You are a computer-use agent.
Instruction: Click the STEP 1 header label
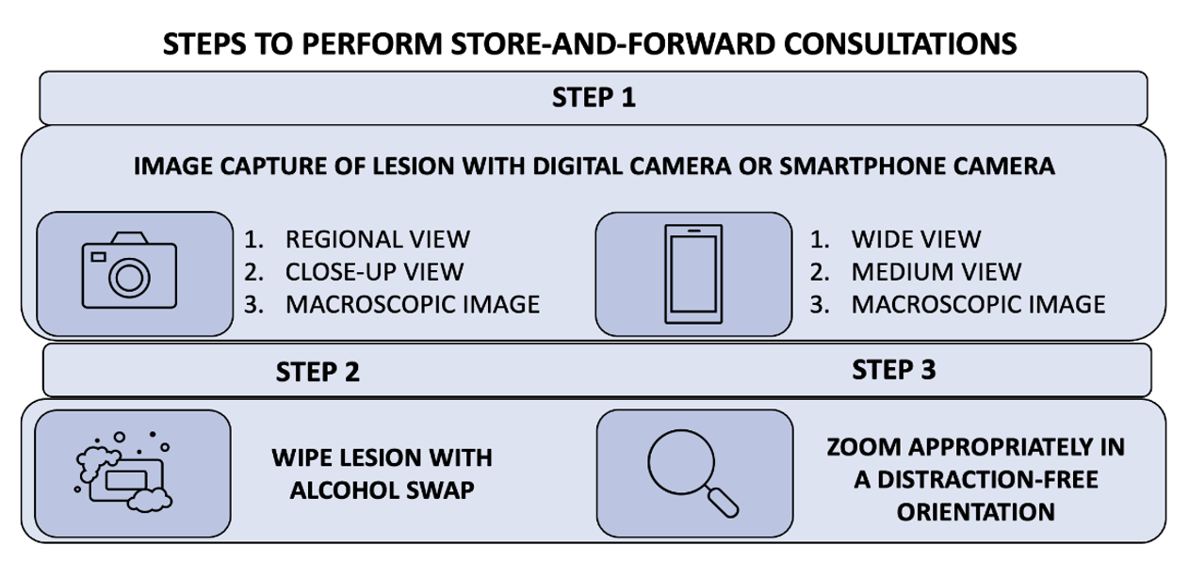[x=593, y=97]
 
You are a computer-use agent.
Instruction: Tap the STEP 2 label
[x=318, y=372]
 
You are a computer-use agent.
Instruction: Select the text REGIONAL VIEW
[x=377, y=239]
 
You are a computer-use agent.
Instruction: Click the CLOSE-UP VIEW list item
[x=374, y=272]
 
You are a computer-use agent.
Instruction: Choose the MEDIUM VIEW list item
[x=936, y=272]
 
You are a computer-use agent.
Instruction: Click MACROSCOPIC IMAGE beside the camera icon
[x=413, y=304]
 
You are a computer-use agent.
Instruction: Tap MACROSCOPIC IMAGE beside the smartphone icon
[x=978, y=304]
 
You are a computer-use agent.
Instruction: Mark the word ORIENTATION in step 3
[x=974, y=511]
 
